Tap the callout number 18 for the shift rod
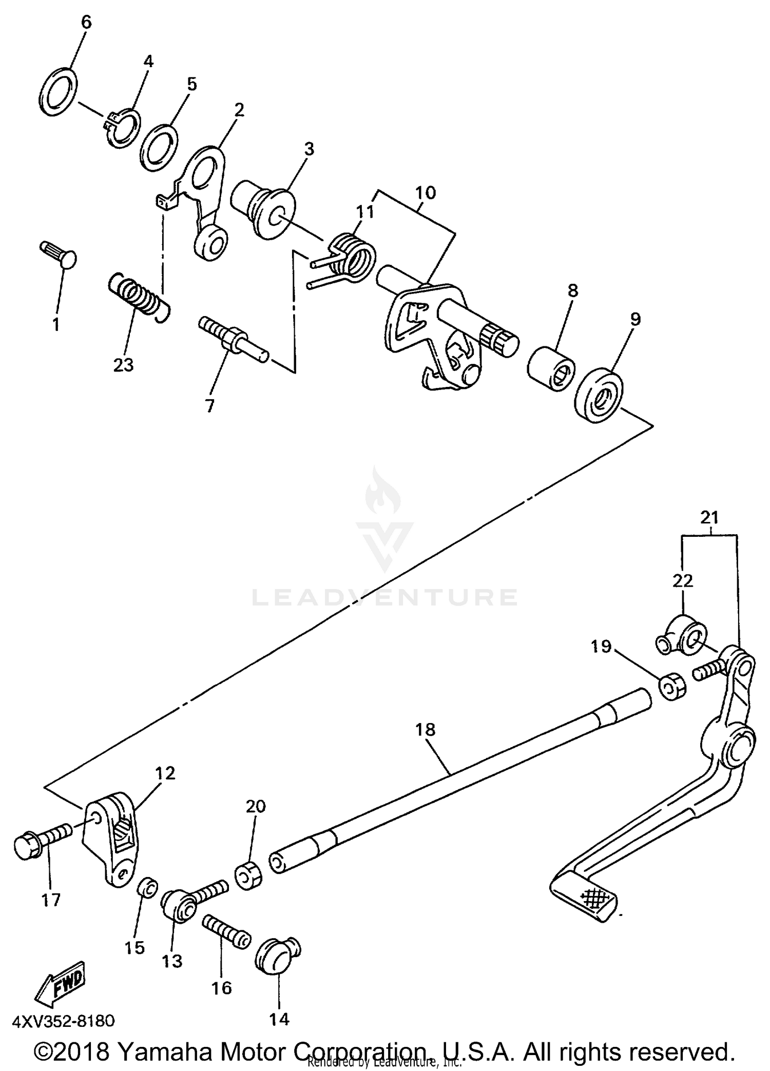click(x=426, y=729)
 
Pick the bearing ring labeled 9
click(x=598, y=395)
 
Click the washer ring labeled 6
click(x=58, y=90)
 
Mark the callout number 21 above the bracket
click(x=709, y=518)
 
